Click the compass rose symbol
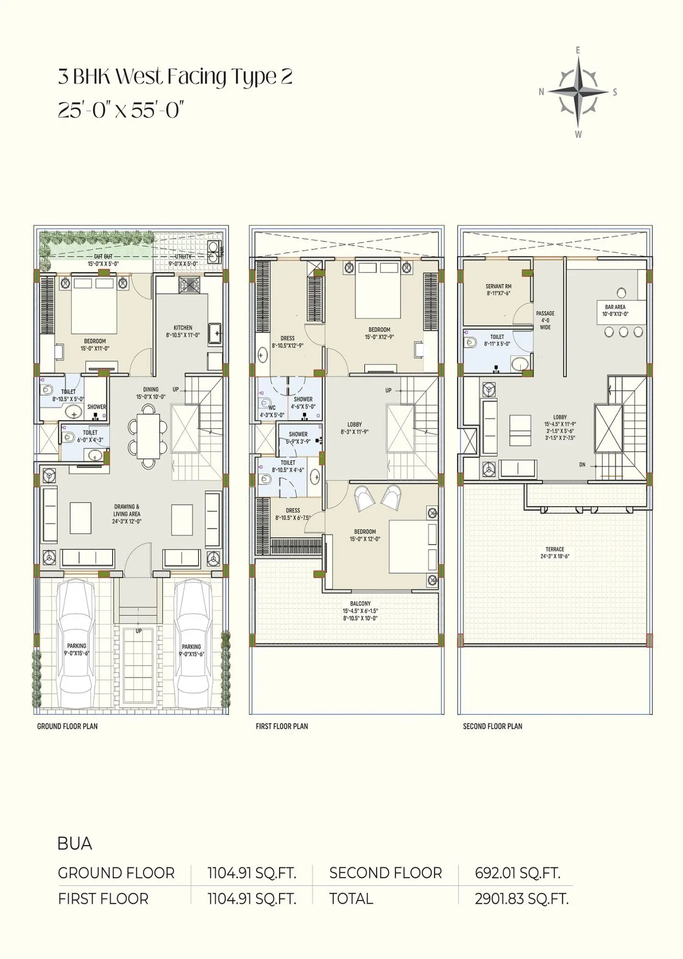[578, 92]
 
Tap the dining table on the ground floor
[149, 435]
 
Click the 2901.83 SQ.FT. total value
[521, 899]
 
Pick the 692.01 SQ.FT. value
[517, 873]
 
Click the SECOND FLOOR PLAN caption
[493, 726]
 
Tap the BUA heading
[75, 843]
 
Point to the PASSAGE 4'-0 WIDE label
[545, 320]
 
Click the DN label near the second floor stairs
[582, 465]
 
